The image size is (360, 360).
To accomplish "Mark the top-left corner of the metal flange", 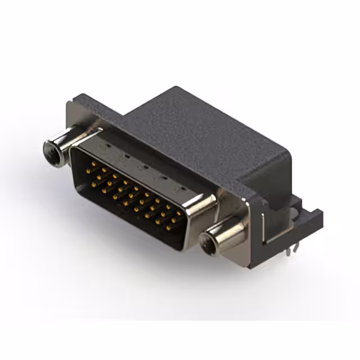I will (69, 103).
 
